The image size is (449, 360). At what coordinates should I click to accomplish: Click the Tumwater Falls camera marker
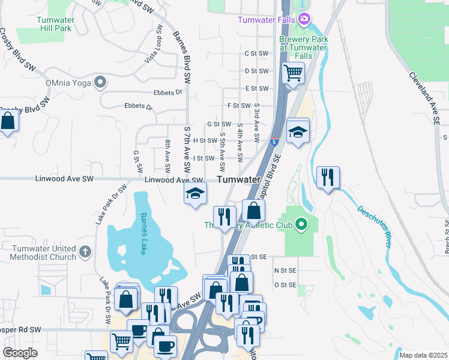(304, 19)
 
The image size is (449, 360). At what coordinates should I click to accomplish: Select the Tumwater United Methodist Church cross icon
(85, 251)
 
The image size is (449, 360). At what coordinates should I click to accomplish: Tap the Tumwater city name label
(238, 179)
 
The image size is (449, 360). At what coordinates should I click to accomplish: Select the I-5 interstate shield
(274, 142)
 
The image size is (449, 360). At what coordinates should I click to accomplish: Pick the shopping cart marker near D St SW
(292, 73)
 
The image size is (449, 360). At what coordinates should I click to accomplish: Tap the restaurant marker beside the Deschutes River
(328, 177)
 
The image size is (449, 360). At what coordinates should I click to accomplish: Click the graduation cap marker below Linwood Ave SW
(195, 193)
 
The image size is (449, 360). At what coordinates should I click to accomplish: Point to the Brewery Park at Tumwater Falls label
(304, 47)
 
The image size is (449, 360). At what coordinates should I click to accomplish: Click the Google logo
(20, 353)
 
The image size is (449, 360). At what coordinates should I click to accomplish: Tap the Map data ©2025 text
(423, 355)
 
